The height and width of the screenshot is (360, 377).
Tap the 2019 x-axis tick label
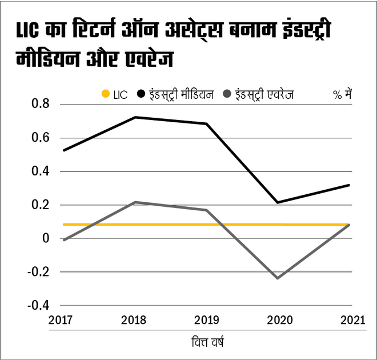click(206, 321)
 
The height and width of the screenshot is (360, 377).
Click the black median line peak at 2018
click(135, 117)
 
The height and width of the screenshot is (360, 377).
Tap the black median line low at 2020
click(278, 202)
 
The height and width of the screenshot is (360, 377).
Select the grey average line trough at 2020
click(278, 278)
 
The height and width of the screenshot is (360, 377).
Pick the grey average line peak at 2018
click(135, 202)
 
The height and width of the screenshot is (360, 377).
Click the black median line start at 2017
click(63, 150)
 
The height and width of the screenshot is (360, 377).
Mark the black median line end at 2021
click(349, 185)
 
